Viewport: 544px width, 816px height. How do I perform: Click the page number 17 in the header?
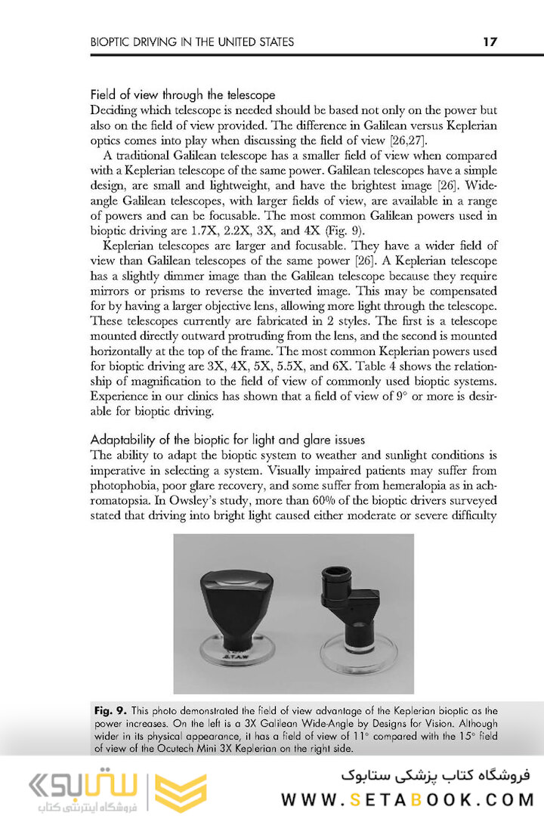(490, 42)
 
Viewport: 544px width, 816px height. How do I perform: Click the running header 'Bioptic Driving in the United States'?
(192, 42)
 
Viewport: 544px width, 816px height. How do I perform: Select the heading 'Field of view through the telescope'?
(182, 95)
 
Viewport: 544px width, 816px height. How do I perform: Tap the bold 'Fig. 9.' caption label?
(112, 711)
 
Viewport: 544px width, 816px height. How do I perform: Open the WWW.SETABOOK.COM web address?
(407, 799)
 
